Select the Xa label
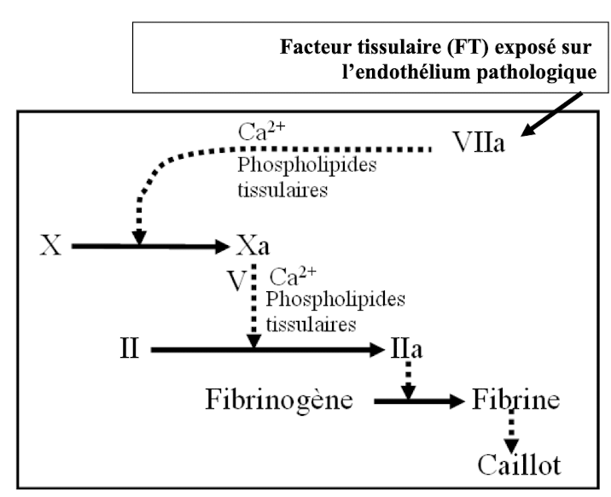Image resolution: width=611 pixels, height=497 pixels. [253, 248]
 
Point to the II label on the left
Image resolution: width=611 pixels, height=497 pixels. [129, 349]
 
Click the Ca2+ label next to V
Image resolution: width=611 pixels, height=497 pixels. [289, 278]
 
